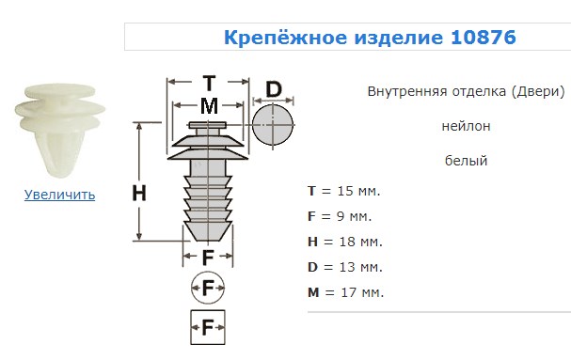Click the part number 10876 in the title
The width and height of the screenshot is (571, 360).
[x=484, y=38]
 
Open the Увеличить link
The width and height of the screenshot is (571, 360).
[x=59, y=195]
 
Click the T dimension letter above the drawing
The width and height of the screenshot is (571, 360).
[x=209, y=84]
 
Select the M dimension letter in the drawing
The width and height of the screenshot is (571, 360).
[x=209, y=106]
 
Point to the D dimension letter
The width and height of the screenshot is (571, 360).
[x=274, y=89]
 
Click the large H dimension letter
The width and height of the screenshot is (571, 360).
[x=139, y=193]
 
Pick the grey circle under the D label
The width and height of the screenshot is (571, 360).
[x=273, y=125]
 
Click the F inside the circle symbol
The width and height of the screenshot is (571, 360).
[x=208, y=289]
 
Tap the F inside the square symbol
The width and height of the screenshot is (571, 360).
[x=208, y=328]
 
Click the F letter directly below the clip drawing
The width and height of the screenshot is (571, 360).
[x=208, y=258]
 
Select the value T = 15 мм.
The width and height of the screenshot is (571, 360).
[x=343, y=191]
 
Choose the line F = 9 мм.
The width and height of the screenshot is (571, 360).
[x=340, y=216]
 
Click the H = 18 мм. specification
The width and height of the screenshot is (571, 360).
[x=345, y=242]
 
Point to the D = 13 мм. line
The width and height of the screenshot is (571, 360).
[x=345, y=267]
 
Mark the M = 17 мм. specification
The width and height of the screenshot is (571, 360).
[x=345, y=292]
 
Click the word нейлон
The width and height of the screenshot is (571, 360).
[x=467, y=126]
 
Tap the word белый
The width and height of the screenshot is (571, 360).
[x=467, y=161]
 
